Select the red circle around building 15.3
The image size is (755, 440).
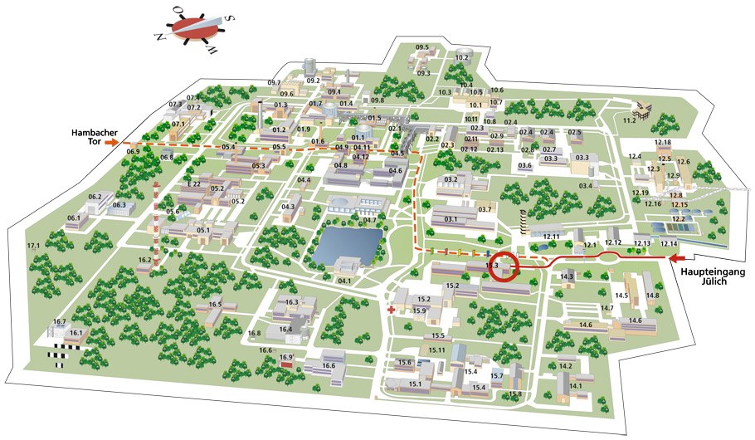[x=503, y=269]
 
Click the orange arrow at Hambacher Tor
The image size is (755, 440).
[x=114, y=142]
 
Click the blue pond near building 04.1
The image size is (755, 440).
[x=347, y=243]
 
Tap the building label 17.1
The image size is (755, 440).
[x=34, y=247]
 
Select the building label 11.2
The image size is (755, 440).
[x=629, y=120]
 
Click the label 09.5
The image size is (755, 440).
[x=422, y=47]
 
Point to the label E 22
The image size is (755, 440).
[x=194, y=183]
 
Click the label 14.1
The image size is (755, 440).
[x=576, y=385]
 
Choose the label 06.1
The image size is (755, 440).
[x=75, y=218]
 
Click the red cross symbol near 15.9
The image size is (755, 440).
[x=391, y=310]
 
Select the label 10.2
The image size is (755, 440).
[x=462, y=58]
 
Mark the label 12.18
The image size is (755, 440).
[x=663, y=143]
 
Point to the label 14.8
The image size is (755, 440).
[x=652, y=296]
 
